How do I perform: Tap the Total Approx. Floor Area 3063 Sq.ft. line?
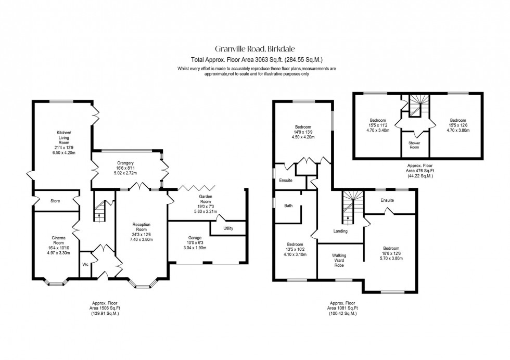pyautogui.click(x=255, y=59)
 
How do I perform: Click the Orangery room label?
pyautogui.click(x=125, y=162)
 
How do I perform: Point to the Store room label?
pyautogui.click(x=56, y=200)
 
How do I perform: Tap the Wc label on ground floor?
pyautogui.click(x=85, y=264)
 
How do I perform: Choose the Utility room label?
pyautogui.click(x=228, y=228)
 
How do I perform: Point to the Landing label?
pyautogui.click(x=340, y=231)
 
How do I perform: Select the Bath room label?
pyautogui.click(x=288, y=205)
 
